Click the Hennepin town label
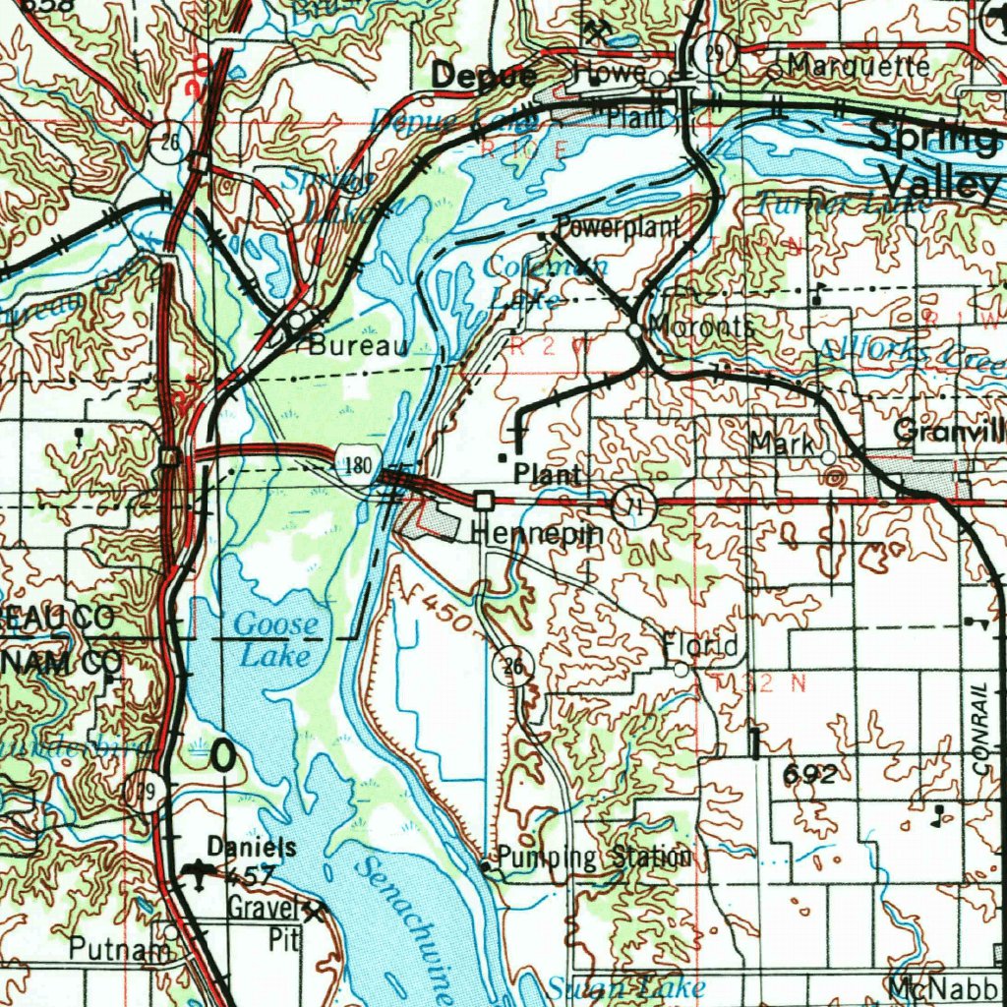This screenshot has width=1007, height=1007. click(x=537, y=534)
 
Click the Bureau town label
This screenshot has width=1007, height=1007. click(x=357, y=346)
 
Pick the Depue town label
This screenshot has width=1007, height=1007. click(x=485, y=75)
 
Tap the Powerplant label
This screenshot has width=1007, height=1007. click(x=618, y=227)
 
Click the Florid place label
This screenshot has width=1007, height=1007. click(x=699, y=647)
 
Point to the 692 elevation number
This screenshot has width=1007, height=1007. click(x=810, y=775)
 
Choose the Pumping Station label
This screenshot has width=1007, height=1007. click(x=594, y=858)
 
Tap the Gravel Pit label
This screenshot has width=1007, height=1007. click(x=264, y=921)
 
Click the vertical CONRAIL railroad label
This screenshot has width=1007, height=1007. click(x=978, y=733)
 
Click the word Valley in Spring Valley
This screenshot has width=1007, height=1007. click(x=941, y=182)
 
